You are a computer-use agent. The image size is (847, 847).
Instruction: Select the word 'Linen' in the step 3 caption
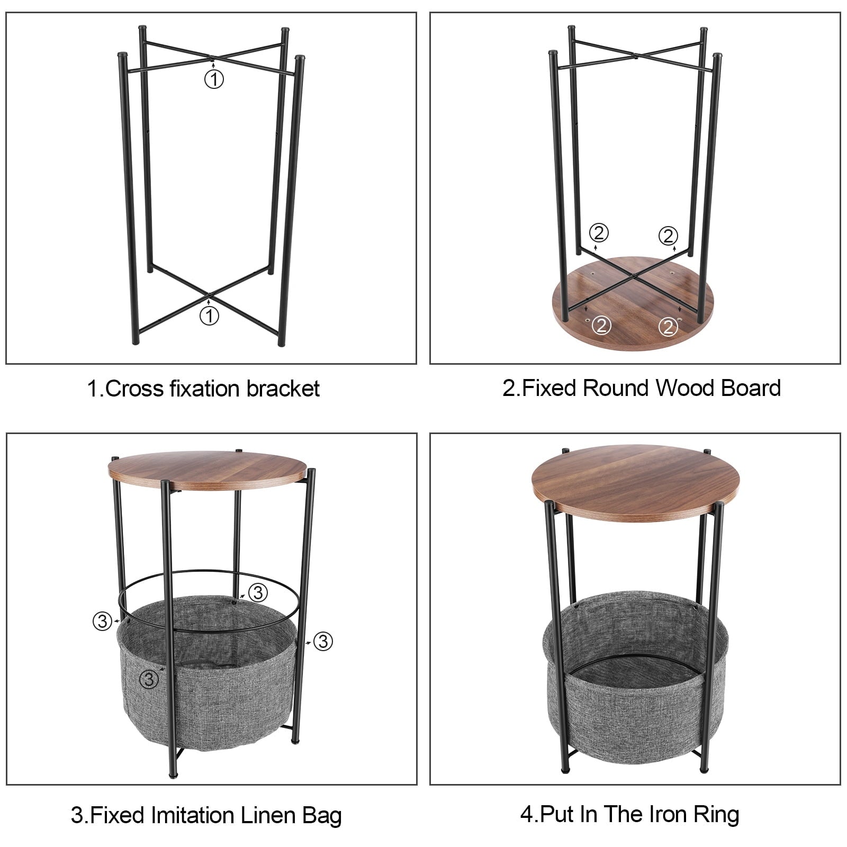click(x=268, y=815)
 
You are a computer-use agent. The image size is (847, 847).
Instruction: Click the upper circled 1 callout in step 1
click(x=214, y=79)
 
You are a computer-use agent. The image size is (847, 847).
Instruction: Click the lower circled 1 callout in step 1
click(x=209, y=316)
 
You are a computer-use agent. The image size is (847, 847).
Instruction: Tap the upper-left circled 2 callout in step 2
click(x=599, y=233)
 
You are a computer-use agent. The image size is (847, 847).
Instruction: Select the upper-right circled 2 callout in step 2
click(x=668, y=235)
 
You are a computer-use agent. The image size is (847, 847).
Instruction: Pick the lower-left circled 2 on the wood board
click(x=601, y=325)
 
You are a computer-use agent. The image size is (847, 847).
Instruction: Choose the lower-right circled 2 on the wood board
click(x=669, y=327)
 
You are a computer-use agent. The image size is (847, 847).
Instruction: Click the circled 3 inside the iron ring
click(x=258, y=592)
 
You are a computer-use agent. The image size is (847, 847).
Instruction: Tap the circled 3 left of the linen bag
click(x=102, y=620)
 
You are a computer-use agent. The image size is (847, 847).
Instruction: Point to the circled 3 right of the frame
click(x=323, y=641)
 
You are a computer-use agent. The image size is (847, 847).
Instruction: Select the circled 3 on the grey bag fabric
click(x=149, y=679)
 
